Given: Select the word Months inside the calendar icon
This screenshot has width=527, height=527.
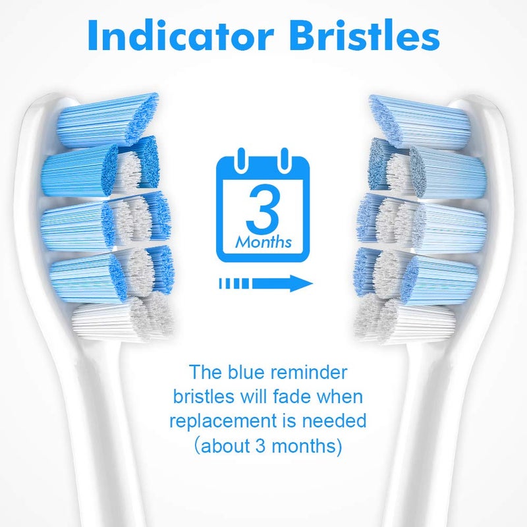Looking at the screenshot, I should [263, 242].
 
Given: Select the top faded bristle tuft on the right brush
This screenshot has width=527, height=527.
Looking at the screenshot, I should [418, 119].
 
